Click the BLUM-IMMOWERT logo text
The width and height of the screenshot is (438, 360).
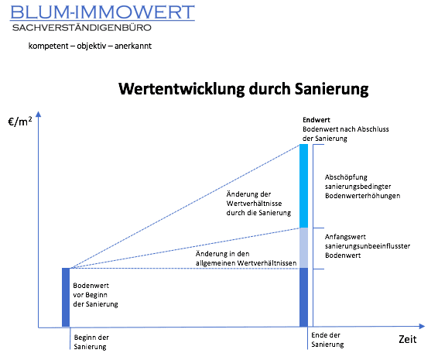click(102, 12)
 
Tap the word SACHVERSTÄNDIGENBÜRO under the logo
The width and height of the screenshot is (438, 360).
click(82, 27)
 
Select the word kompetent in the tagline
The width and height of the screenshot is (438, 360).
click(48, 46)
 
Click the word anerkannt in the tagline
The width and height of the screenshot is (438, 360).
click(133, 46)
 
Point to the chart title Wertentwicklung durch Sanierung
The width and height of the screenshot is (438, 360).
click(244, 89)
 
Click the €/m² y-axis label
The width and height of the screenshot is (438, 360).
click(20, 122)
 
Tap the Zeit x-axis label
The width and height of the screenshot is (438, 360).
click(408, 339)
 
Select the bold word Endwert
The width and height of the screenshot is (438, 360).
click(317, 120)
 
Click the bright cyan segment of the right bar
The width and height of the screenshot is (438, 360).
click(303, 186)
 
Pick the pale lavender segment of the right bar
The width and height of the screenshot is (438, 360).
click(303, 248)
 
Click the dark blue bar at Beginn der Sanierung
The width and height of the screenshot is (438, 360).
click(66, 297)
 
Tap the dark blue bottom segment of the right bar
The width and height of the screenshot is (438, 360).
click(303, 297)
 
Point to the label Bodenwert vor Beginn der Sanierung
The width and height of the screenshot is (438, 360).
click(95, 295)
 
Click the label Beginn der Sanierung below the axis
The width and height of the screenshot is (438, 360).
click(91, 342)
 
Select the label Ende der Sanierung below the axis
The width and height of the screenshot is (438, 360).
click(327, 340)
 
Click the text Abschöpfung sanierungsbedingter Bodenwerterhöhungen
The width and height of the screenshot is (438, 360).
click(362, 187)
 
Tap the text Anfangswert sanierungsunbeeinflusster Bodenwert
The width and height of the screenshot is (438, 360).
click(368, 246)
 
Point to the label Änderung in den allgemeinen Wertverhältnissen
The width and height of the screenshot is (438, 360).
click(246, 259)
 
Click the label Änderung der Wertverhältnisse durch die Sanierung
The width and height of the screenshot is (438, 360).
click(258, 204)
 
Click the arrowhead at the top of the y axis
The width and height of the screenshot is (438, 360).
click(39, 114)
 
